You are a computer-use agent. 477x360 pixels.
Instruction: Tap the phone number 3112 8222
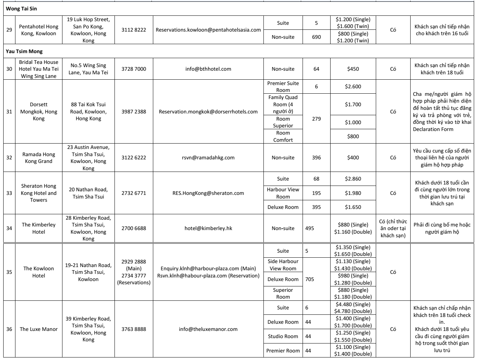134,30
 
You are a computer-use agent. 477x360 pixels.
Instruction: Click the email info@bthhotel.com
208,69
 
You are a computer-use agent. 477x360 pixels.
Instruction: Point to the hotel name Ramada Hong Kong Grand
39,158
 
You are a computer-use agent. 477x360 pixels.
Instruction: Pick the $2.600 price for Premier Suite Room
353,87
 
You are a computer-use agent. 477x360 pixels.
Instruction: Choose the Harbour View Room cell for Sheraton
283,193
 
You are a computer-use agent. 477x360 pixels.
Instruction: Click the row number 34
9,228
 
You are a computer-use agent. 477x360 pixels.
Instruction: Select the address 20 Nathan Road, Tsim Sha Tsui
88,193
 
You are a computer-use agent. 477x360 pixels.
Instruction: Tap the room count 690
316,37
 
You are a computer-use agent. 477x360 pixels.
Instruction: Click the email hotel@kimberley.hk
208,228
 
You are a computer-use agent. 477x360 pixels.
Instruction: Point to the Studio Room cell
283,336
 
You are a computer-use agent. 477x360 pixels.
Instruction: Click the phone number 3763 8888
134,329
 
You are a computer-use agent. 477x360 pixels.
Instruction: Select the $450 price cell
353,69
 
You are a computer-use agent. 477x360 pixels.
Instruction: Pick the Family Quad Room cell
283,104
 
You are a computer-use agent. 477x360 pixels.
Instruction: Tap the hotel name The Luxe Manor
38,329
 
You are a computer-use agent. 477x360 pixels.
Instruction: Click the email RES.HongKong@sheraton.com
208,193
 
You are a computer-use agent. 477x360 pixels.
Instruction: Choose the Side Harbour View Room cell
283,265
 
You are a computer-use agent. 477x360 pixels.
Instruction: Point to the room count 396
316,158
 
